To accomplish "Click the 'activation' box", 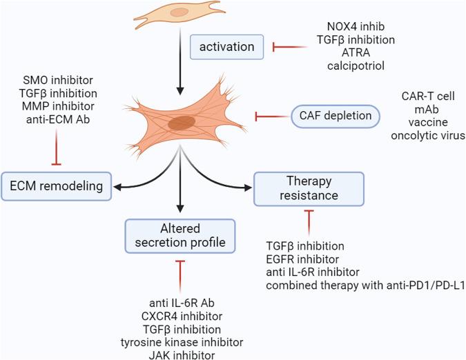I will click(222, 48).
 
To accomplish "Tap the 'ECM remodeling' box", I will click(57, 186).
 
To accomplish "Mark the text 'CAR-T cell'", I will click(427, 96).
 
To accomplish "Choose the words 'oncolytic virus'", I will click(427, 135).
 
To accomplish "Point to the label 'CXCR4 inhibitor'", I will click(185, 316).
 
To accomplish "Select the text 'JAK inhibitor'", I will click(185, 354).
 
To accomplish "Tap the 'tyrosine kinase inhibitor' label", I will click(185, 341).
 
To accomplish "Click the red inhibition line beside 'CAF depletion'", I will click(271, 117).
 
